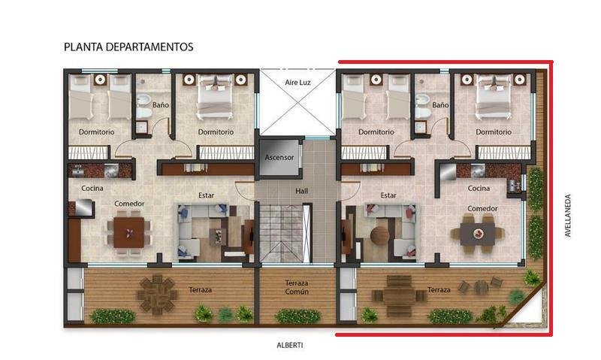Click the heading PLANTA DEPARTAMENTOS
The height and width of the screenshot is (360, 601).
pyautogui.click(x=128, y=47)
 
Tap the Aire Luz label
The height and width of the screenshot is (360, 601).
pyautogui.click(x=297, y=83)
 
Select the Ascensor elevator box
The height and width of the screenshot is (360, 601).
pyautogui.click(x=279, y=157)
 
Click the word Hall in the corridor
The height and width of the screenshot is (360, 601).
pyautogui.click(x=302, y=191)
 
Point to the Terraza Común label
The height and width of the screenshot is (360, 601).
pyautogui.click(x=297, y=287)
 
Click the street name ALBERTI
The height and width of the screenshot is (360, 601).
pyautogui.click(x=290, y=345)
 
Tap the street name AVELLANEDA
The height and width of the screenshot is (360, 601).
pyautogui.click(x=568, y=216)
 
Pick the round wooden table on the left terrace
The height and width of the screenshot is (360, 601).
pyautogui.click(x=157, y=295)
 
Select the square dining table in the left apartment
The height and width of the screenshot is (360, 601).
pyautogui.click(x=129, y=233)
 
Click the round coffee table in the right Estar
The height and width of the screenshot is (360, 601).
pyautogui.click(x=380, y=234)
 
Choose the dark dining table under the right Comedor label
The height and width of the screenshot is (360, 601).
pyautogui.click(x=478, y=234)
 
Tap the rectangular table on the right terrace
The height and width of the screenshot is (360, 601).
pyautogui.click(x=399, y=295)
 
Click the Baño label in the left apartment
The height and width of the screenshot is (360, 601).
pyautogui.click(x=161, y=105)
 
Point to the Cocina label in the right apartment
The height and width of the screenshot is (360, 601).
pyautogui.click(x=479, y=188)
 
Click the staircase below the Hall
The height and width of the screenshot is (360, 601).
pyautogui.click(x=281, y=234)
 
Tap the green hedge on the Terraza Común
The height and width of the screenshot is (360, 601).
pyautogui.click(x=298, y=316)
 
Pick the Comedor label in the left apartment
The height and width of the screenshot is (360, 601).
pyautogui.click(x=129, y=204)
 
